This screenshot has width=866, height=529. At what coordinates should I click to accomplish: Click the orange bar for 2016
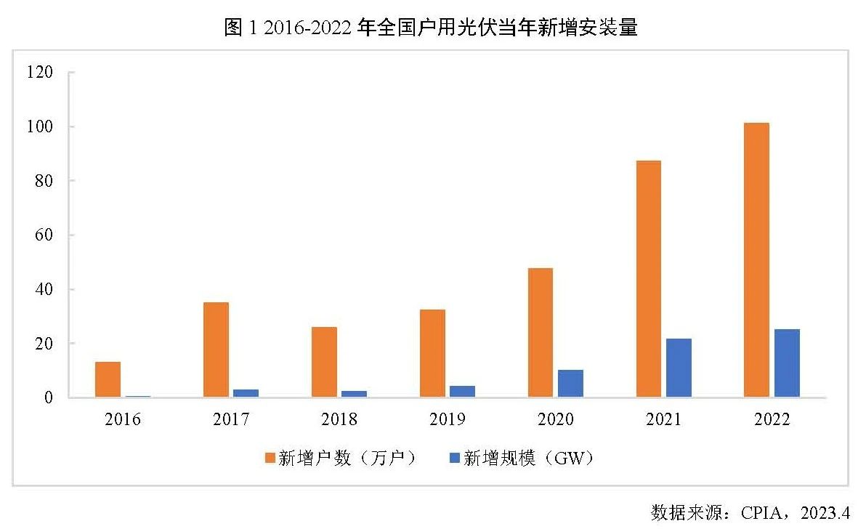pyautogui.click(x=108, y=379)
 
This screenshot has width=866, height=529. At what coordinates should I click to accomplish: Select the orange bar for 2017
pyautogui.click(x=216, y=350)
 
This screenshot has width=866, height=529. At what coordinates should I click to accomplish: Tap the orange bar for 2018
pyautogui.click(x=324, y=362)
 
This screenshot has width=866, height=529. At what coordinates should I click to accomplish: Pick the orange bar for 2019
pyautogui.click(x=432, y=353)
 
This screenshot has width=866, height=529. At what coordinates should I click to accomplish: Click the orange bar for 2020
pyautogui.click(x=541, y=333)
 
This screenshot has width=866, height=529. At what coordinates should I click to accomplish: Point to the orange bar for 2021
pyautogui.click(x=649, y=279)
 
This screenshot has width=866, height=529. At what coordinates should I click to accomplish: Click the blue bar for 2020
pyautogui.click(x=570, y=384)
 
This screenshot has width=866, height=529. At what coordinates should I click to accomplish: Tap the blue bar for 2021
pyautogui.click(x=679, y=368)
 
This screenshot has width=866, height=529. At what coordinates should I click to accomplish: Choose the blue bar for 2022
pyautogui.click(x=787, y=363)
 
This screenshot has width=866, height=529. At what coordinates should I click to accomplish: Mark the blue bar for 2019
pyautogui.click(x=462, y=392)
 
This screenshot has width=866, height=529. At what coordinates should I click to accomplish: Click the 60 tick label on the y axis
pyautogui.click(x=43, y=235)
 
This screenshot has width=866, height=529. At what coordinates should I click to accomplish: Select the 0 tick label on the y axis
pyautogui.click(x=48, y=398)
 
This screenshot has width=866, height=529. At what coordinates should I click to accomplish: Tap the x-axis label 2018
pyautogui.click(x=339, y=420)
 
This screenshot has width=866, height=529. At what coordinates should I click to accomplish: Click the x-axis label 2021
pyautogui.click(x=663, y=420)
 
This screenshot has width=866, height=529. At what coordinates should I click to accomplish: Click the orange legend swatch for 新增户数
pyautogui.click(x=270, y=458)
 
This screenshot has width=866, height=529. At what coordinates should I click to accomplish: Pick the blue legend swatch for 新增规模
pyautogui.click(x=455, y=458)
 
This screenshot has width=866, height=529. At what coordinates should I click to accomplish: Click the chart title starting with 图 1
pyautogui.click(x=432, y=28)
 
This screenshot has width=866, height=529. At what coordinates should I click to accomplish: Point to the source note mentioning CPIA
pyautogui.click(x=750, y=513)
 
